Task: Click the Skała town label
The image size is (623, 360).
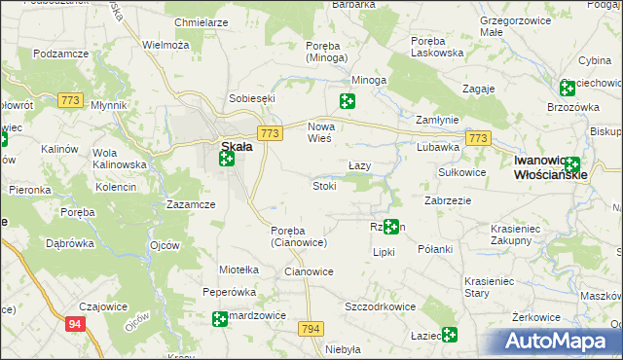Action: [x=238, y=146]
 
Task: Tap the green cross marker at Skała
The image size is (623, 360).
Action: [x=227, y=158]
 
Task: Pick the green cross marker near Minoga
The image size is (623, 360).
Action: [x=347, y=100]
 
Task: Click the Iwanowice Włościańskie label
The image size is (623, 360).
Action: [x=550, y=167]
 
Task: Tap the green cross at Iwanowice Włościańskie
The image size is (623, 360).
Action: [x=571, y=165]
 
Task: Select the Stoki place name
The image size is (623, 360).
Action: [x=324, y=186]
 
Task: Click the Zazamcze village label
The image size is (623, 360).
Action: [x=191, y=205]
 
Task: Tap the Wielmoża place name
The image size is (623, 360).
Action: [x=165, y=45]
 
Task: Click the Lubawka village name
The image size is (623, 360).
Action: [x=437, y=148]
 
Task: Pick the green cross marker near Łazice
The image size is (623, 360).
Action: [x=449, y=335]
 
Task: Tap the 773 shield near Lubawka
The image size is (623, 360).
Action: [x=477, y=140]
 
